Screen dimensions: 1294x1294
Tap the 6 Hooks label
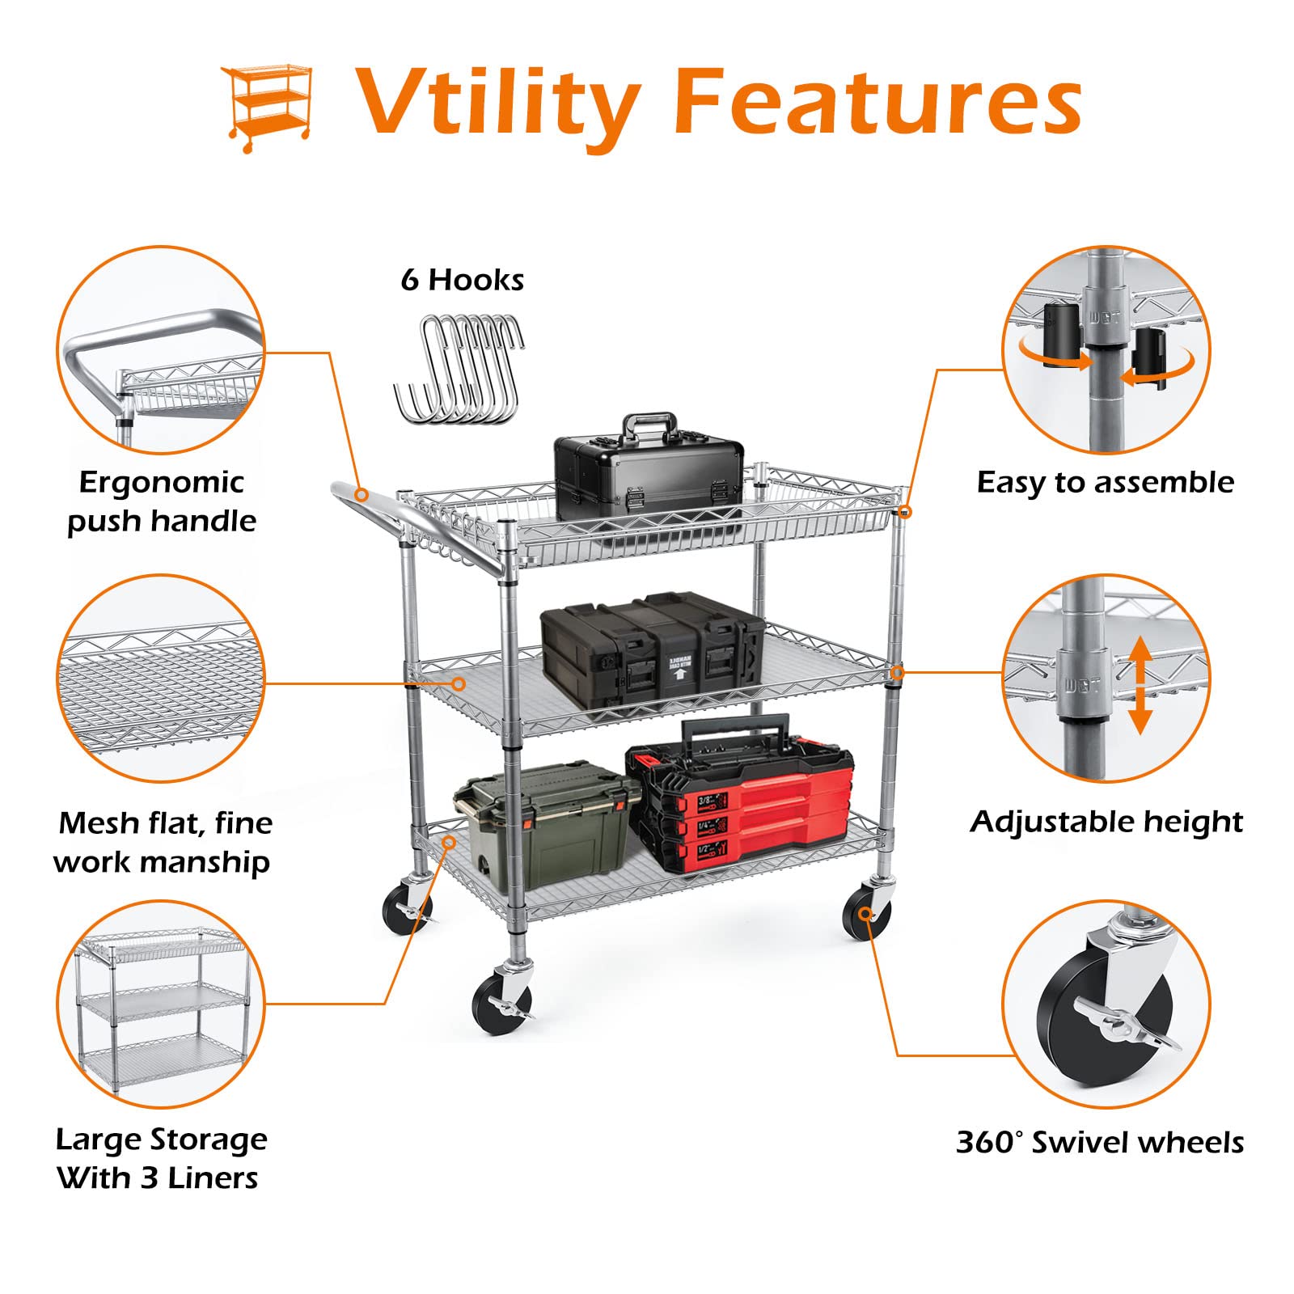tap(462, 280)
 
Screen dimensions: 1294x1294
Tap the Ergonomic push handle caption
tap(161, 501)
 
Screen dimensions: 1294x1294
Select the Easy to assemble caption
tap(1105, 483)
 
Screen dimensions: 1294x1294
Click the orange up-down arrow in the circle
tap(1140, 684)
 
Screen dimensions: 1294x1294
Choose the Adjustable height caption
tap(1106, 822)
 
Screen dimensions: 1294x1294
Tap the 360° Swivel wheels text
tap(1100, 1143)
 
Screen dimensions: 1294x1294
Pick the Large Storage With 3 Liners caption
tap(161, 1159)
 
